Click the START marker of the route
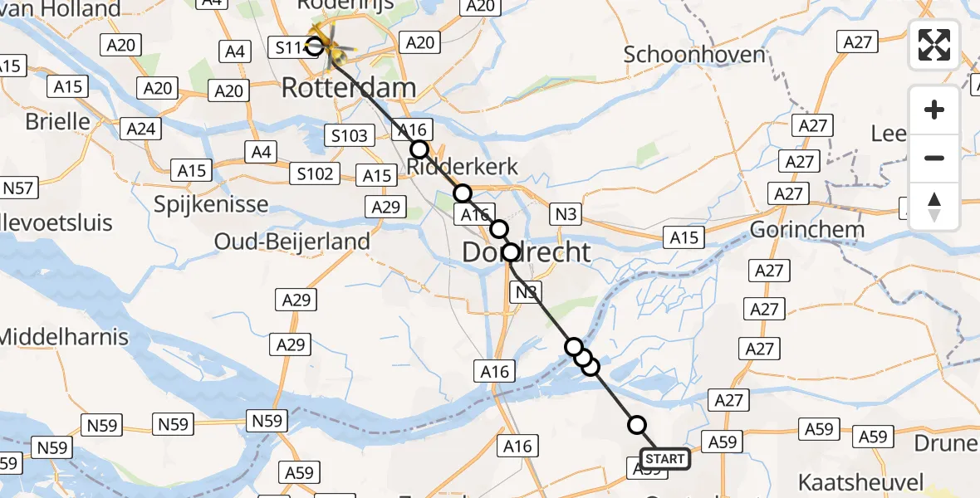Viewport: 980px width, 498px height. click(664, 459)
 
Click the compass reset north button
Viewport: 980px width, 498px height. click(934, 207)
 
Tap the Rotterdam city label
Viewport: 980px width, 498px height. click(349, 88)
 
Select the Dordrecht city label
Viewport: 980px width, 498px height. click(527, 252)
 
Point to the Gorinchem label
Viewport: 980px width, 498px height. click(807, 229)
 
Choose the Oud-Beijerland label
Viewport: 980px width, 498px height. click(292, 242)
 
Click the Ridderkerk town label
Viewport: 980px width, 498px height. click(463, 167)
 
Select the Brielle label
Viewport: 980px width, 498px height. click(58, 121)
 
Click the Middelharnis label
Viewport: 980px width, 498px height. click(64, 337)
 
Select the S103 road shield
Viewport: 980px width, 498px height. click(349, 135)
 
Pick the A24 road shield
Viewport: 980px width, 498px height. click(140, 129)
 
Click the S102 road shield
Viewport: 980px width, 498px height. click(316, 173)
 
